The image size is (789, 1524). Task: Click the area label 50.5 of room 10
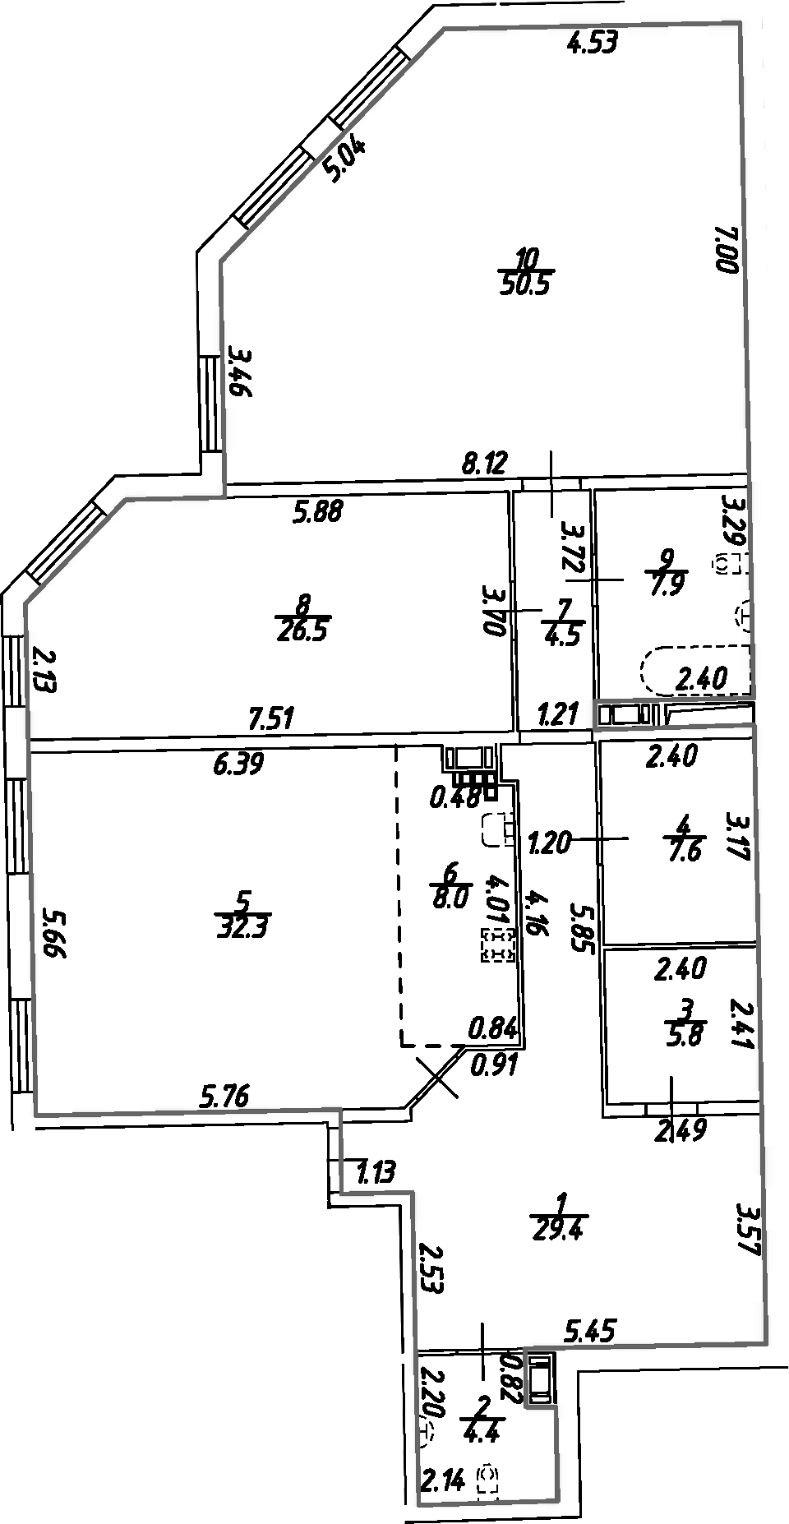pyautogui.click(x=527, y=285)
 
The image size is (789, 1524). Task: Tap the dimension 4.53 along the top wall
pyautogui.click(x=593, y=43)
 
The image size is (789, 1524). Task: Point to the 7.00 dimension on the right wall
pyautogui.click(x=727, y=250)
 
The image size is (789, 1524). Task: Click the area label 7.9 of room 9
pyautogui.click(x=667, y=585)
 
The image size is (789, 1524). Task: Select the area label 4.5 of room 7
pyautogui.click(x=563, y=637)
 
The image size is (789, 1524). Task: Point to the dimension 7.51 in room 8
pyautogui.click(x=271, y=720)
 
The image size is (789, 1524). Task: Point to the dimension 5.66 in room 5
pyautogui.click(x=54, y=933)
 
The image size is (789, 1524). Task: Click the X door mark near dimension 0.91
pyautogui.click(x=437, y=1077)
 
